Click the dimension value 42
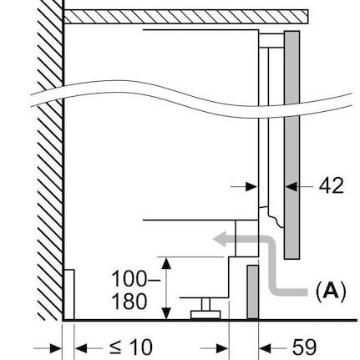[x=331, y=185]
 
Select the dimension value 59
[x=304, y=347]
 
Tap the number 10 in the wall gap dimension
[x=141, y=347]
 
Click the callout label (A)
[x=331, y=292]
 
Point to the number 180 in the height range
[x=129, y=302]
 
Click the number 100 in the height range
[x=129, y=279]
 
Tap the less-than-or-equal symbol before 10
[x=116, y=347]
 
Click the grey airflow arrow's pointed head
[x=220, y=240]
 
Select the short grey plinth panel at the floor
[x=253, y=292]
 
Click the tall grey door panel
[x=292, y=145]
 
